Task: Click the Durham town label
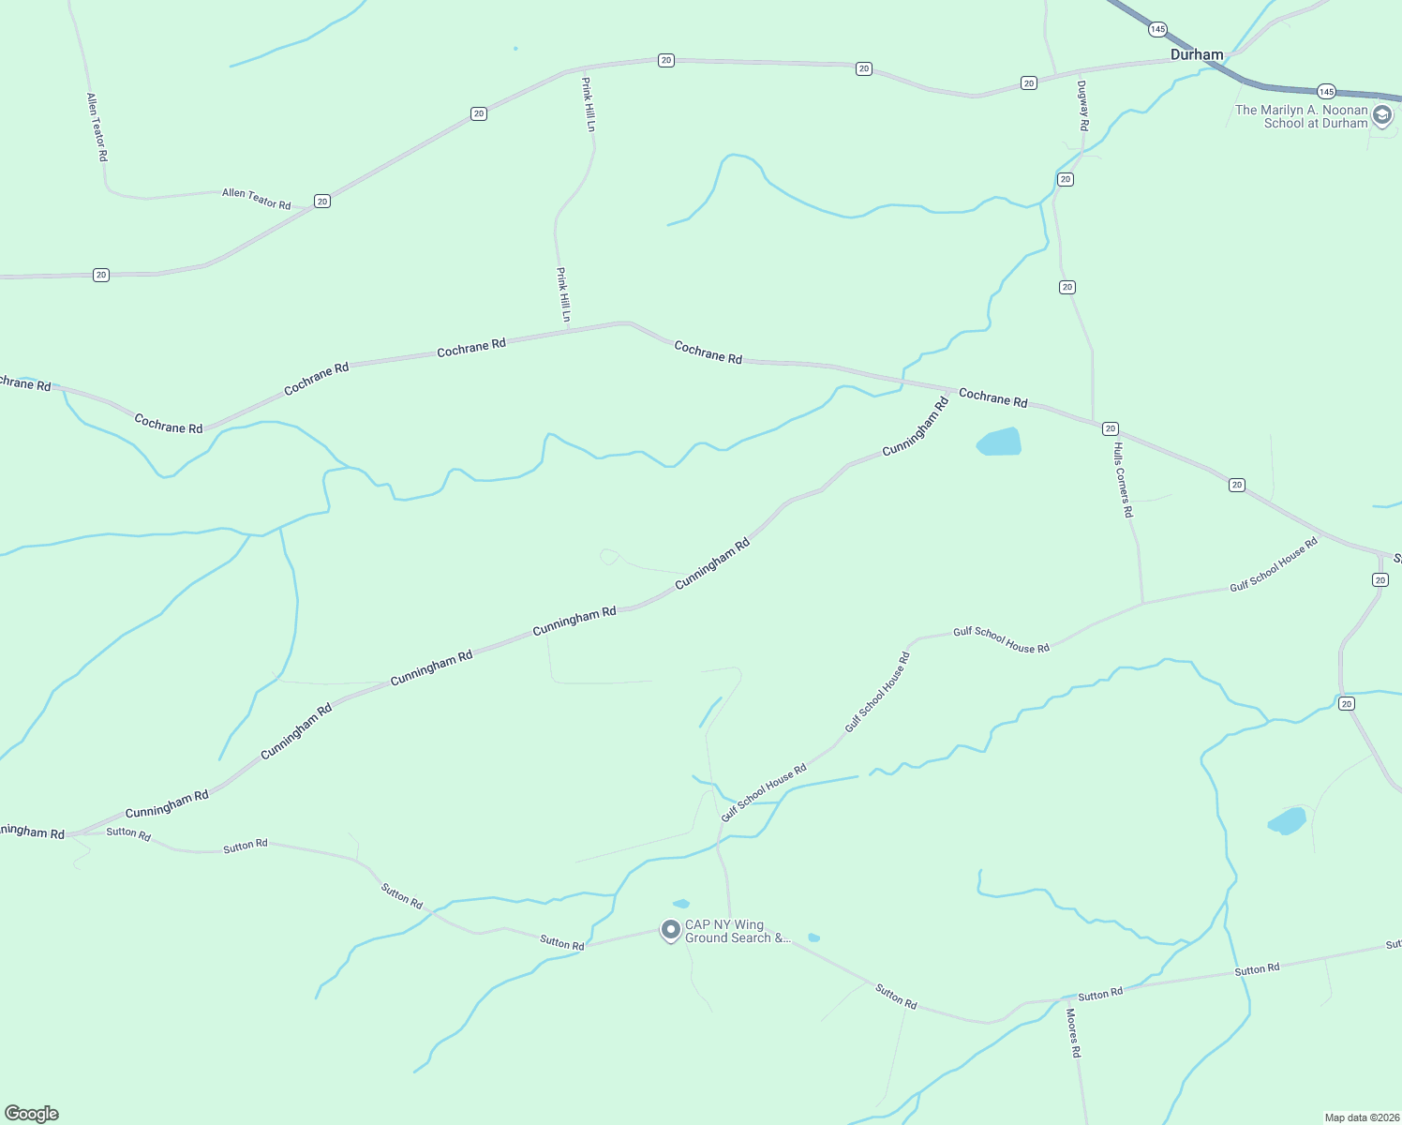(x=1197, y=54)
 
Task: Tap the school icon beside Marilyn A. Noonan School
(x=1381, y=116)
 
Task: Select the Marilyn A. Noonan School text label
(x=1301, y=116)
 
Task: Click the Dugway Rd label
(x=1083, y=105)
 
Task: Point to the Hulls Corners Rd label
(x=1123, y=480)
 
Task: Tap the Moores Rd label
(x=1074, y=1033)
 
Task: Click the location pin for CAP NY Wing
(x=670, y=930)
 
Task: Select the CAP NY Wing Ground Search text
(x=738, y=931)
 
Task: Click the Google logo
(x=32, y=1114)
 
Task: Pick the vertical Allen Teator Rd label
(x=97, y=127)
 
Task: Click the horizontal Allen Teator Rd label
(x=256, y=199)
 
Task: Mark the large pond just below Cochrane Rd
(x=1000, y=442)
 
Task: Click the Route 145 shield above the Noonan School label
(x=1325, y=91)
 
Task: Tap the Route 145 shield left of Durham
(x=1157, y=30)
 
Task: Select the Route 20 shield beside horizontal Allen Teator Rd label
(x=322, y=202)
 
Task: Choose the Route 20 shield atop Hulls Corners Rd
(x=1110, y=428)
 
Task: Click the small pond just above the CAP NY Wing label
(x=681, y=904)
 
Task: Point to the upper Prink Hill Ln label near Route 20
(x=588, y=104)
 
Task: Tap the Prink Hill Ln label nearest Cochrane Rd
(x=563, y=294)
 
